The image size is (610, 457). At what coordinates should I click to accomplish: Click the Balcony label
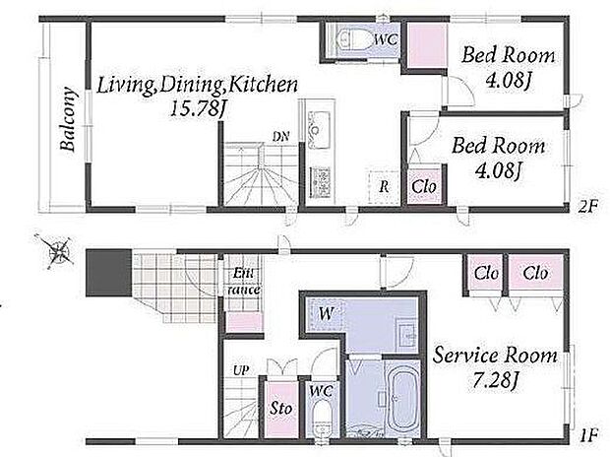coord(68,119)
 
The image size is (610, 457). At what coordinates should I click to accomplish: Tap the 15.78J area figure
coord(198,109)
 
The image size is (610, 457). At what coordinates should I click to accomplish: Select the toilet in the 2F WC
coord(347,39)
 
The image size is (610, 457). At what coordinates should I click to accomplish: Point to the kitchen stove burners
coord(320,182)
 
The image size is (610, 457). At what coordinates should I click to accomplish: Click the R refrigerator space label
coord(384,186)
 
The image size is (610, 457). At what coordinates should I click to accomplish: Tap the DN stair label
coord(280,136)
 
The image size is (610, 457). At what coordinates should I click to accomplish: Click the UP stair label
coord(241,370)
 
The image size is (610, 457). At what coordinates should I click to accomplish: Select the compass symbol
coord(58,251)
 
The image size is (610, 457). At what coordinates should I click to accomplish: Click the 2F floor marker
coord(587,207)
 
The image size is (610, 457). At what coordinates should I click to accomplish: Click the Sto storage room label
coord(280,408)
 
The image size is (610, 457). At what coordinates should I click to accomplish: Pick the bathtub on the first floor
coord(401,398)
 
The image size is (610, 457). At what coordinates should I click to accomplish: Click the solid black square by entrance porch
coord(108,273)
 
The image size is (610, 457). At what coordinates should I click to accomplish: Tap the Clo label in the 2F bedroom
coord(424,186)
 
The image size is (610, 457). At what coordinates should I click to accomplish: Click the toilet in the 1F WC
coord(322,420)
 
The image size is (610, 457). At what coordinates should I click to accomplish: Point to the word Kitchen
coord(263,86)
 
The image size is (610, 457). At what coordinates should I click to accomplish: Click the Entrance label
coord(243,282)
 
